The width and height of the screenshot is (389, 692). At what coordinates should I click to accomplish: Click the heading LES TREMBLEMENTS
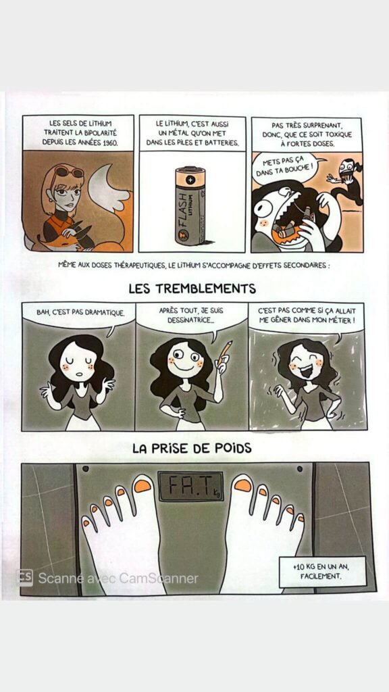tap(193, 289)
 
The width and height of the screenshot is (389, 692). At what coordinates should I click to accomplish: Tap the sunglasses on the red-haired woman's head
tap(67, 173)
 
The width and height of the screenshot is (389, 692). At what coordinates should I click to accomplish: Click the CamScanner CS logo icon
tap(26, 578)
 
